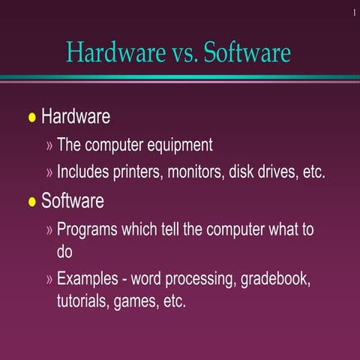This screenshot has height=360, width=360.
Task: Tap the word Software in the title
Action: (247, 53)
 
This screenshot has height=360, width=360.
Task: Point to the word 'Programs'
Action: (88, 229)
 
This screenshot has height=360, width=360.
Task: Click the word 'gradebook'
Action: (276, 280)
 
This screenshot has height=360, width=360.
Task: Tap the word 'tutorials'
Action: (83, 302)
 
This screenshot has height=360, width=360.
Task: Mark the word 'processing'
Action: (199, 280)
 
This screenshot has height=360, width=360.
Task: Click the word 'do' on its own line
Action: (64, 252)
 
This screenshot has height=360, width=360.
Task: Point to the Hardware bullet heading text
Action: (76, 117)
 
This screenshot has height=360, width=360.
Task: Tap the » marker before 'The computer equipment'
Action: (50, 145)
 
